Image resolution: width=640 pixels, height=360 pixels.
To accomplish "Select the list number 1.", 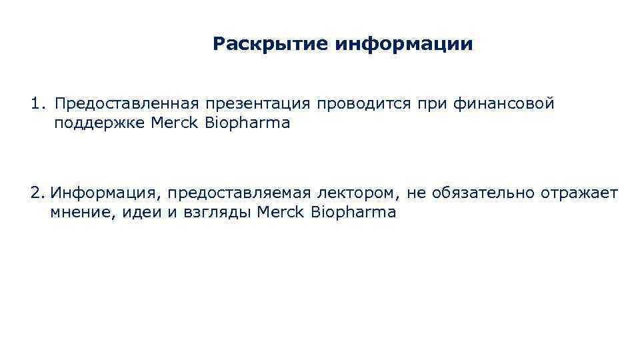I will coord(37,104).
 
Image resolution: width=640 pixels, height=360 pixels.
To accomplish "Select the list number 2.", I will coord(37,193).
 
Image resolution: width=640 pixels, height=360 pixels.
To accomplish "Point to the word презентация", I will coord(258,105).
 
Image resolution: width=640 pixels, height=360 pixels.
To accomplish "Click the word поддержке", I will coord(100,124).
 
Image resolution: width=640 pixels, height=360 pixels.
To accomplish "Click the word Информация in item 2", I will coord(106,194).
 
